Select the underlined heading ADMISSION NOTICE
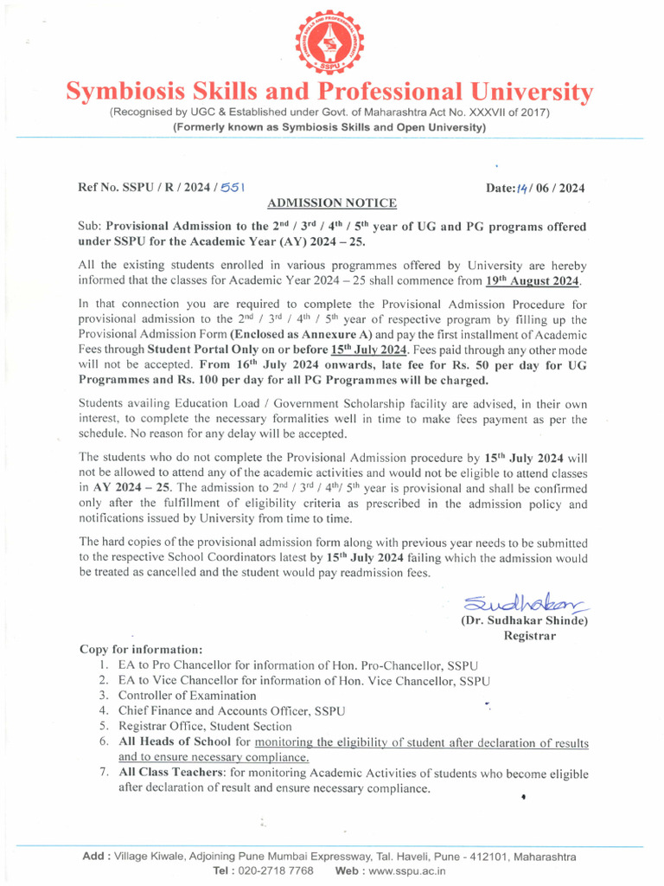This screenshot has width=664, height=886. pos(332,203)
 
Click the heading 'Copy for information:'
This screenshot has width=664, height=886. pos(142,649)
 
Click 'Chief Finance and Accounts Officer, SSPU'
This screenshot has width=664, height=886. pos(231,711)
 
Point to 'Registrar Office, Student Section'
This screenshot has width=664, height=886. pos(205,727)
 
